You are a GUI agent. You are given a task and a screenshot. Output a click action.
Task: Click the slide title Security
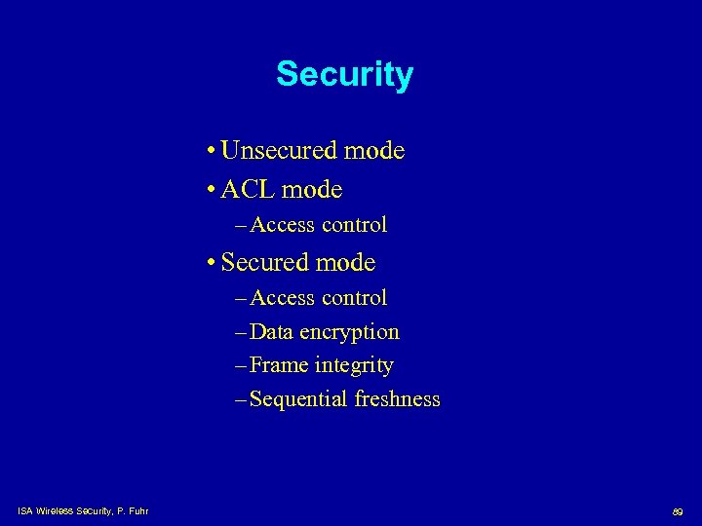click(344, 75)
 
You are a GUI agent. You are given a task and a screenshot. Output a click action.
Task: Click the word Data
click(271, 332)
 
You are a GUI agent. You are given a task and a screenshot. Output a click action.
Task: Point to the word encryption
click(349, 333)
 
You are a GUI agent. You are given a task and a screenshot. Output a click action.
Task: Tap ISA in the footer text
click(24, 509)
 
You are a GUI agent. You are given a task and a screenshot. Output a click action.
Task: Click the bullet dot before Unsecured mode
click(212, 152)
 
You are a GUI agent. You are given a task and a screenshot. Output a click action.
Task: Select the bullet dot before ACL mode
click(212, 189)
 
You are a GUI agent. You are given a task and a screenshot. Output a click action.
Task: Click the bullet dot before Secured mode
click(212, 263)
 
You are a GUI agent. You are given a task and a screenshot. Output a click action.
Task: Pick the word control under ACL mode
click(354, 225)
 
